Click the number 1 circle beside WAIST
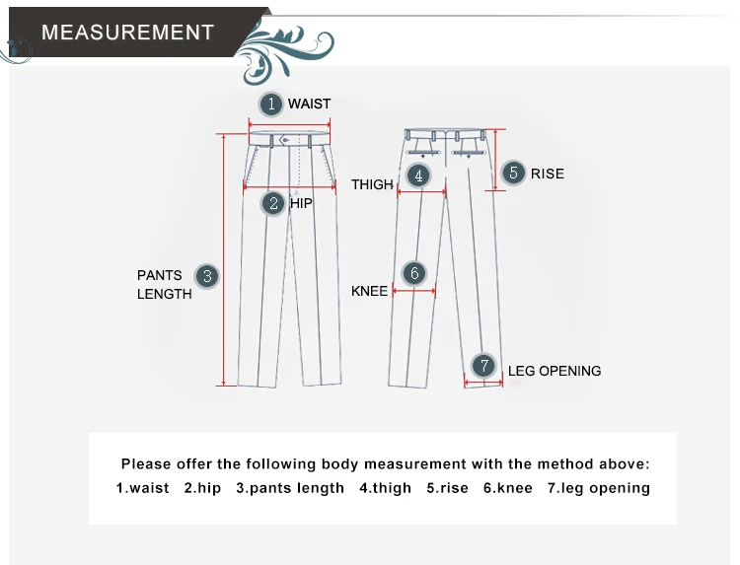tap(271, 104)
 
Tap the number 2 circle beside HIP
tap(273, 203)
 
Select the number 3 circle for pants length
tap(207, 276)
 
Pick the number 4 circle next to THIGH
tap(419, 176)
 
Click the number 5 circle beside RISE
tap(513, 173)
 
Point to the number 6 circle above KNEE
tap(414, 273)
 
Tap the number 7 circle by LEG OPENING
tap(482, 366)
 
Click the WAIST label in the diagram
tap(309, 104)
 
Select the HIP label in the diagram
tap(301, 203)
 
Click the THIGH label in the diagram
tap(372, 184)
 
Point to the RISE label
tap(548, 174)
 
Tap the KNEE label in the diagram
tap(370, 291)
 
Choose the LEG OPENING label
tap(555, 371)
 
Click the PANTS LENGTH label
tap(164, 284)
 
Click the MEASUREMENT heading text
tap(127, 32)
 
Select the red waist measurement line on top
tap(289, 124)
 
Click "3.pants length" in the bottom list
tap(290, 488)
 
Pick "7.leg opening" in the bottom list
tap(599, 488)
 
